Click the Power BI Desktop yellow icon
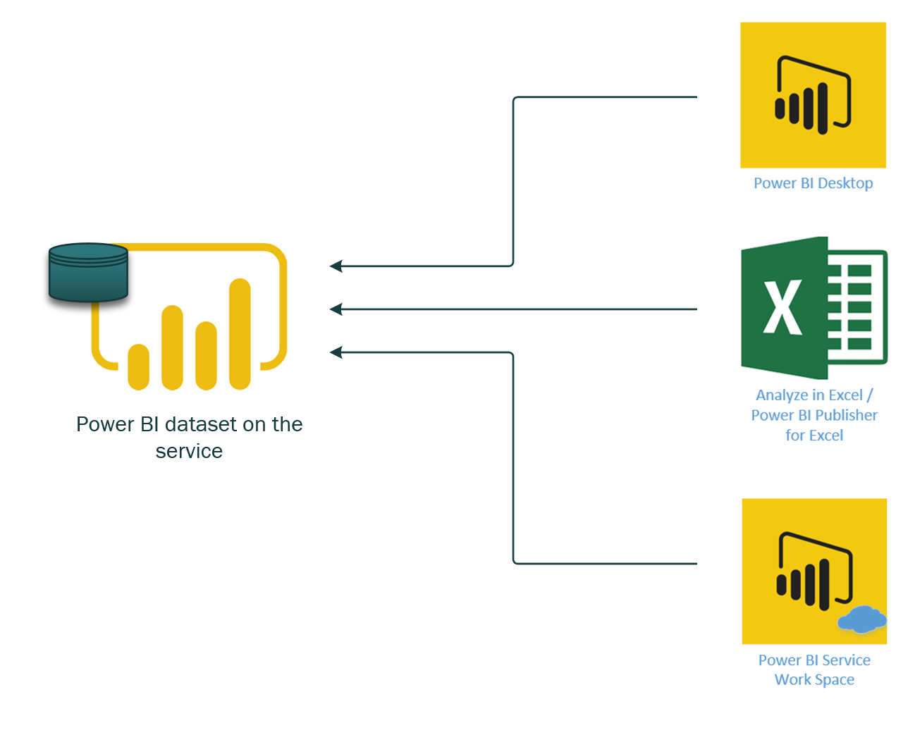(813, 95)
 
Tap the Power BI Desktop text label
(813, 183)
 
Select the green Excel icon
(813, 308)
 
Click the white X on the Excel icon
(782, 307)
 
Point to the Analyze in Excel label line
(814, 395)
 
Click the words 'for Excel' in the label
(814, 436)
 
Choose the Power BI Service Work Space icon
(813, 571)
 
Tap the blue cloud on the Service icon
(861, 620)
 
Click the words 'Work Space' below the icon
(814, 680)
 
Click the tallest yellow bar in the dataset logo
(240, 334)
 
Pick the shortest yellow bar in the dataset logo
(138, 366)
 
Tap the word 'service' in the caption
(189, 451)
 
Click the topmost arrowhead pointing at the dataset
(336, 266)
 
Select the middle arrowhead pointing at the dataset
(336, 309)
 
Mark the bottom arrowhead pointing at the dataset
(336, 352)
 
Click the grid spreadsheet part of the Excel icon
(856, 307)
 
